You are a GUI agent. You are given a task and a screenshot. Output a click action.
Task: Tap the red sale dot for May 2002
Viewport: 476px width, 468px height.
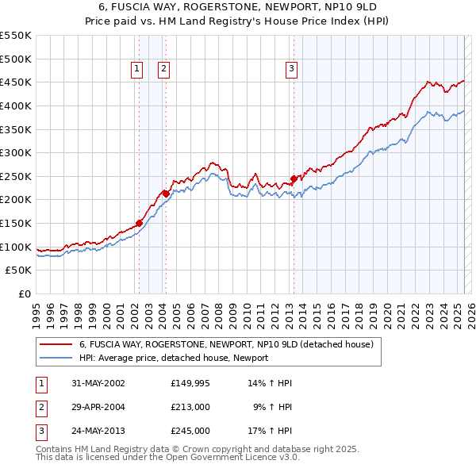(x=139, y=223)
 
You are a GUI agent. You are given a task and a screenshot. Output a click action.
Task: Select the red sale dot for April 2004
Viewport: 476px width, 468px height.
(x=166, y=193)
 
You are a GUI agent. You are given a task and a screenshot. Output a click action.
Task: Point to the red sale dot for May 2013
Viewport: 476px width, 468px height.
(x=294, y=178)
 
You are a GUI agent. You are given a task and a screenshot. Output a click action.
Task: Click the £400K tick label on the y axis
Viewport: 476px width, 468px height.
(x=16, y=105)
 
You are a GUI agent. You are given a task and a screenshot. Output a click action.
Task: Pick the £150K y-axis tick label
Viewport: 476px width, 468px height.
(x=16, y=223)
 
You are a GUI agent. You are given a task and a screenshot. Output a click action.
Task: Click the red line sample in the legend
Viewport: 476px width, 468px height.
(x=56, y=344)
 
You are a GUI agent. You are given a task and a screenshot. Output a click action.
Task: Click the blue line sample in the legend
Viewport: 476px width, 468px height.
(x=56, y=358)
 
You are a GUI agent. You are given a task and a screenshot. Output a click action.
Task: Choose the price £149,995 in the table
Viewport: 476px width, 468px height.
(x=190, y=383)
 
